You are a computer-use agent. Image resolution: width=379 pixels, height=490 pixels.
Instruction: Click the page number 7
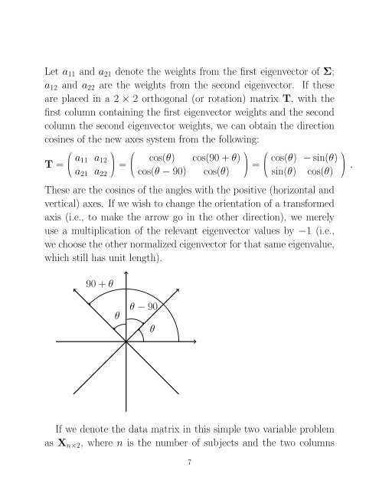(x=189, y=462)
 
